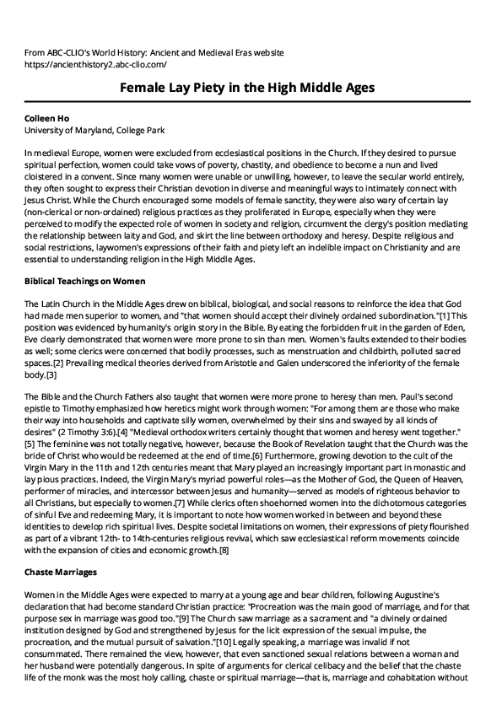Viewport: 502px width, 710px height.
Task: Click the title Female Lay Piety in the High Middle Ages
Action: click(251, 88)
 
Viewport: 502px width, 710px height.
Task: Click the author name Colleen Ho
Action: click(50, 119)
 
